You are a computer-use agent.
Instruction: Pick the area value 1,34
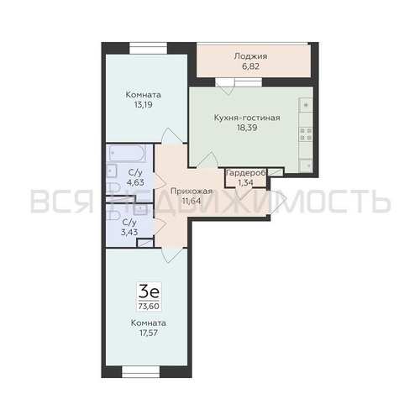tap(244, 181)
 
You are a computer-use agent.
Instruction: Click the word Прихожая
tap(191, 192)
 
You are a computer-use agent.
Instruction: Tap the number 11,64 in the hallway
tap(191, 202)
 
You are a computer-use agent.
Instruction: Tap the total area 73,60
tap(150, 307)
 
